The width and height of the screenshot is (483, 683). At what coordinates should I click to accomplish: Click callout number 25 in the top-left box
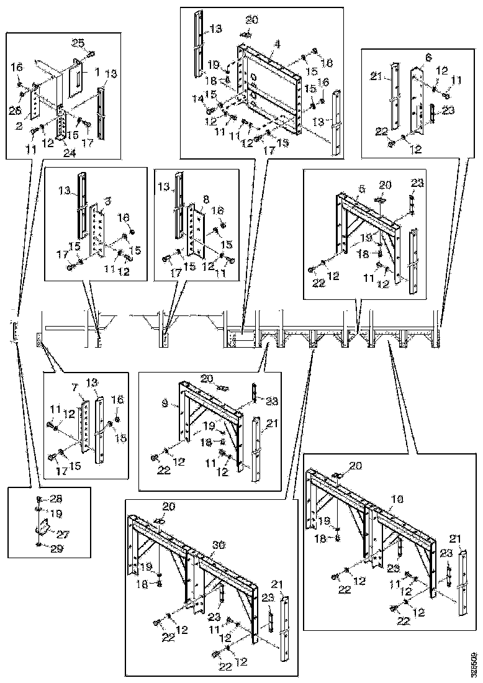[x=78, y=43]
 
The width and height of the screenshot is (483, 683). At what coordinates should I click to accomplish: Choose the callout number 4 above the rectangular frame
[x=277, y=43]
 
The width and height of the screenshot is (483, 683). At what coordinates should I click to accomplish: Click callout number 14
[x=197, y=98]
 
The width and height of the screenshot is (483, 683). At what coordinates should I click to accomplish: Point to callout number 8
[x=205, y=201]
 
